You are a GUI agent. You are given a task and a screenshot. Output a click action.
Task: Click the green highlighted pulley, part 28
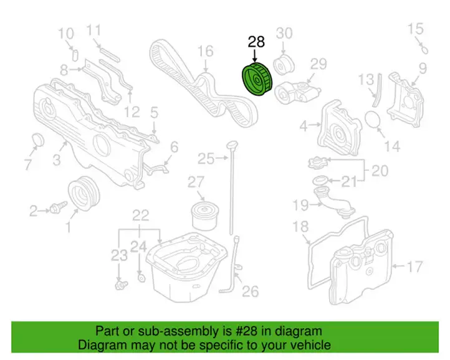pos(257,80)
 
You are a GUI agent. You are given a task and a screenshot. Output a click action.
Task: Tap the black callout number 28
pos(256,42)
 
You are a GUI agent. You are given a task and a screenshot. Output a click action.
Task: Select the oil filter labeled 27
pos(204,215)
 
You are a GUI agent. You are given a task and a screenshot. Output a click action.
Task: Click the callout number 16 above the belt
pos(206,51)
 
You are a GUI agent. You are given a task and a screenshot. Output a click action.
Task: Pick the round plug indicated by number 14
pos(373,119)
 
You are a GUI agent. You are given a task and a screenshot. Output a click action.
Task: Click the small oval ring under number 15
pos(424,50)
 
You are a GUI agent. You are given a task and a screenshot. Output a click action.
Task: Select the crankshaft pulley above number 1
pos(84,193)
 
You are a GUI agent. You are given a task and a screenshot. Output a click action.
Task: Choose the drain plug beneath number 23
pos(121,285)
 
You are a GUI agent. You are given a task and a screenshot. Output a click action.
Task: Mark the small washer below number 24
pos(141,278)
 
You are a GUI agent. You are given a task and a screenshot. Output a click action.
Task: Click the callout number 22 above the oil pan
pos(140,215)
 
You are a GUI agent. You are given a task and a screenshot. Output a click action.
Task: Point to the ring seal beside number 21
pos(320,181)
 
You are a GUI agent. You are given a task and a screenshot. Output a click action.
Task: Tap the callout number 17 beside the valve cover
pos(414,267)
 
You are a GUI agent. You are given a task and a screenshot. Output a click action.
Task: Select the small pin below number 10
pos(75,55)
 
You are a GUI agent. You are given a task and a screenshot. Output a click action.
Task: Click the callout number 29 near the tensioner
pos(318,64)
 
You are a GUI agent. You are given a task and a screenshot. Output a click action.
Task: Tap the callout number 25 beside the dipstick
pos(206,158)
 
